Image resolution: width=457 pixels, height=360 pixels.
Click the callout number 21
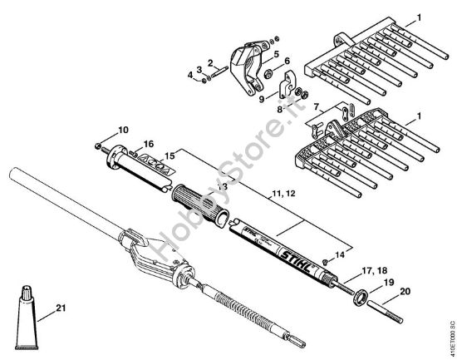[x=60, y=308]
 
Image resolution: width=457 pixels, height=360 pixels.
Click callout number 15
[x=169, y=155]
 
